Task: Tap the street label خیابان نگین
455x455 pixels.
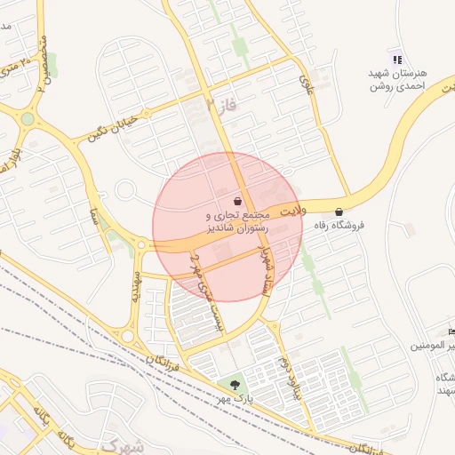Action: (111, 128)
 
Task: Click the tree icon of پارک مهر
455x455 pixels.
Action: (235, 386)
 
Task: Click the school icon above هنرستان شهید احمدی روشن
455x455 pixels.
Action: (396, 59)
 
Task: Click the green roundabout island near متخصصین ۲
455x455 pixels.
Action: (28, 118)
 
